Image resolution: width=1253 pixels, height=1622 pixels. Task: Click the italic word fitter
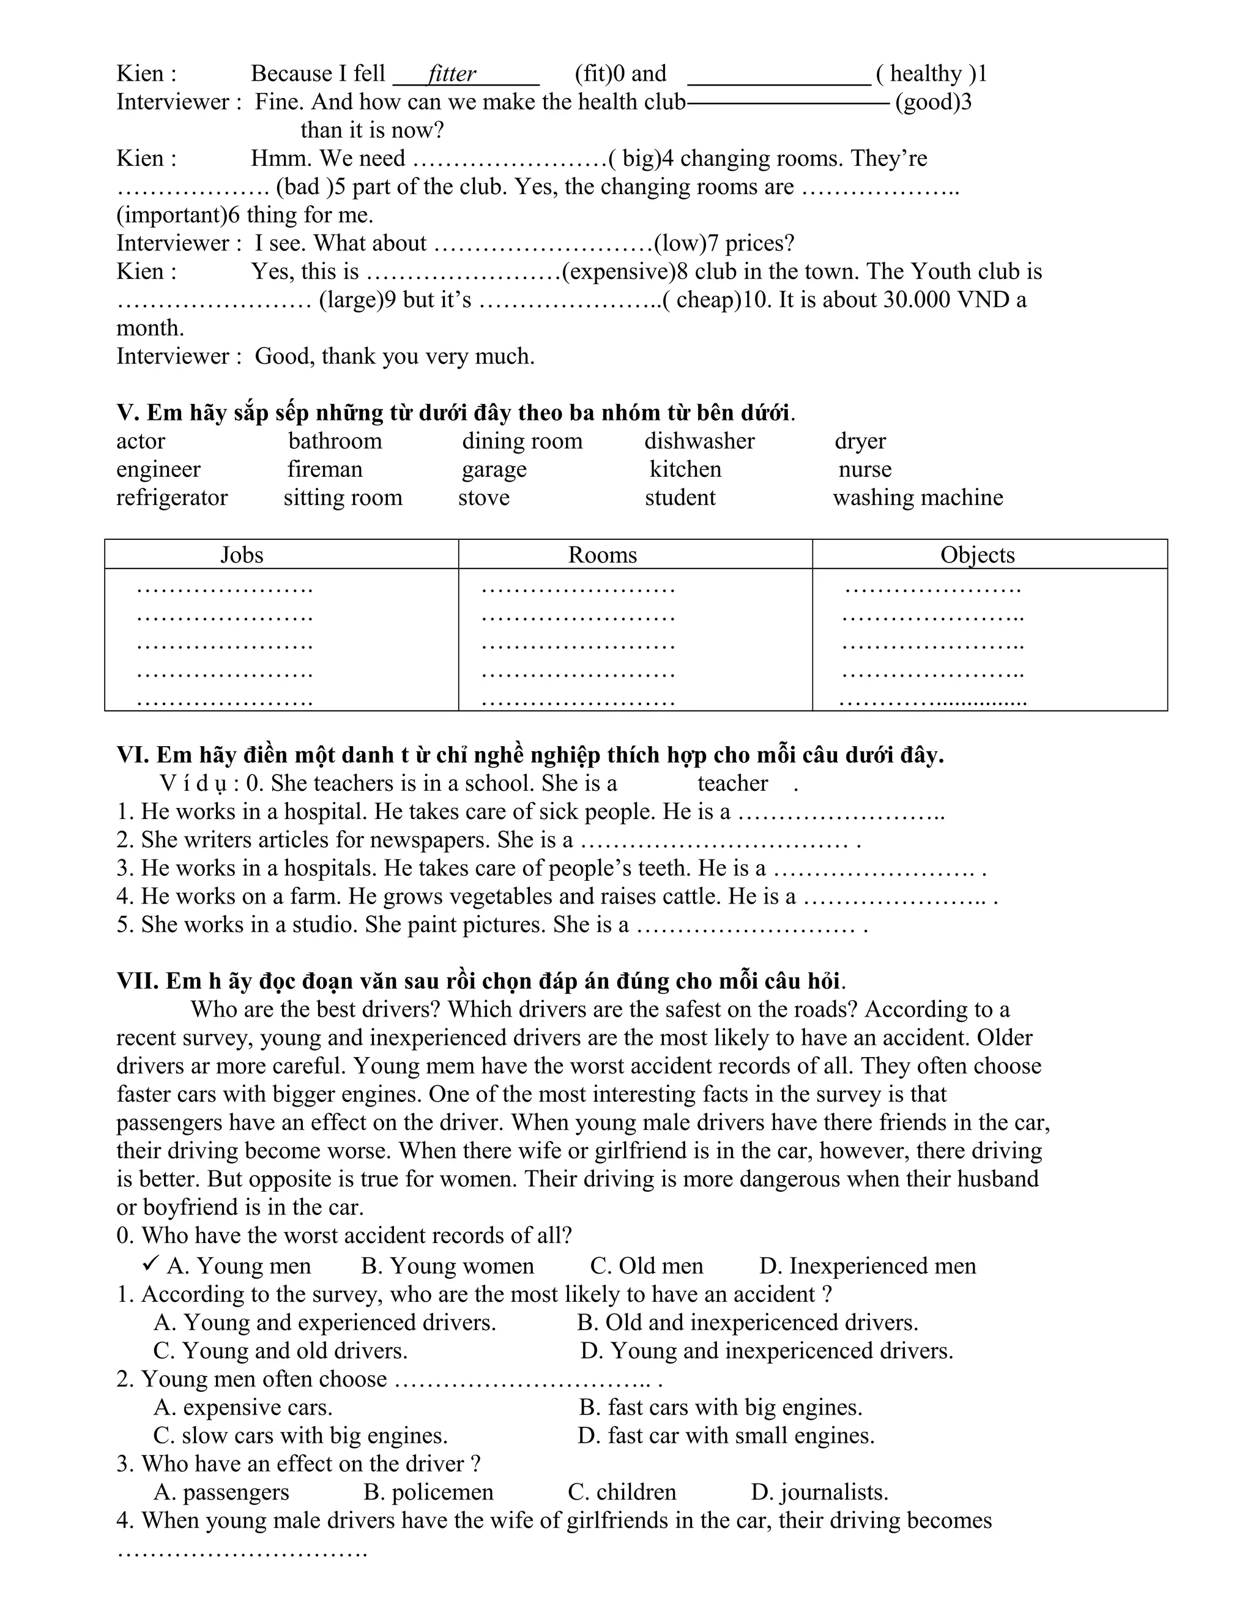coord(452,74)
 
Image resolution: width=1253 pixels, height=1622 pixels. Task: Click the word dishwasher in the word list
coord(699,441)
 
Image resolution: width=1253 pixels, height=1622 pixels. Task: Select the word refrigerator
coord(171,498)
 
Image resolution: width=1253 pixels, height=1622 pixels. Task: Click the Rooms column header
coord(602,555)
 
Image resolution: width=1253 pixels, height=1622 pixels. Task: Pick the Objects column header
coord(977,555)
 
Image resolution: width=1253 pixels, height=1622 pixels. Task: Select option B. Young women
coord(447,1266)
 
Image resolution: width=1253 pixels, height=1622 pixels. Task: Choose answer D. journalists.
coord(819,1492)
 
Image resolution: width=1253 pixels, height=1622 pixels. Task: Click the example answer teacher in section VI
coord(732,783)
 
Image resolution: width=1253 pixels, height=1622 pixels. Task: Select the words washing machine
coord(918,498)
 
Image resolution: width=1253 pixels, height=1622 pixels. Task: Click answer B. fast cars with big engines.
coord(720,1407)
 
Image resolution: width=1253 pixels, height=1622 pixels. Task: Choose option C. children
coord(622,1492)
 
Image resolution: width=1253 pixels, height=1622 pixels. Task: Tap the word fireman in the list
coord(325,469)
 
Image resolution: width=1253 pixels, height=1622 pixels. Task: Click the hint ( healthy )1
coord(931,74)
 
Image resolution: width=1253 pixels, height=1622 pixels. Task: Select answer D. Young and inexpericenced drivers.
coord(766,1351)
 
